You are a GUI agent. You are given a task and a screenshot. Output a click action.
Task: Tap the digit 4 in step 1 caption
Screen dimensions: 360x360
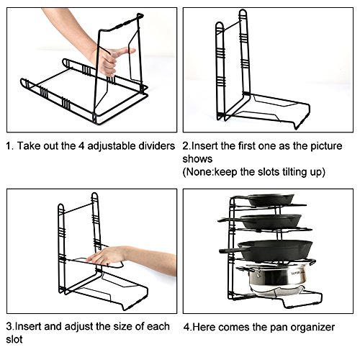coord(81,146)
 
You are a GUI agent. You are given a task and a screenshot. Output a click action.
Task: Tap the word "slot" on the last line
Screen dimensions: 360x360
coord(14,339)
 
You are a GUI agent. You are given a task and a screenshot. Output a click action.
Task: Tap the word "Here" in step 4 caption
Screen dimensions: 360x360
coord(204,328)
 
